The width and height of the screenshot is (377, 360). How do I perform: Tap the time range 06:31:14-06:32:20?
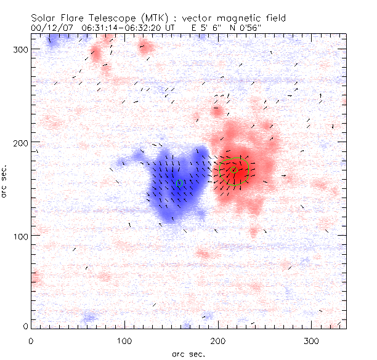(129, 28)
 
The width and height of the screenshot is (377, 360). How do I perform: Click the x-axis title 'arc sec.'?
(188, 353)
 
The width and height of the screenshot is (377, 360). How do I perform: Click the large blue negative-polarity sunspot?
(172, 185)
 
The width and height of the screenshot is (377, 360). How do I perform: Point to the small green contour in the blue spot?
(179, 183)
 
